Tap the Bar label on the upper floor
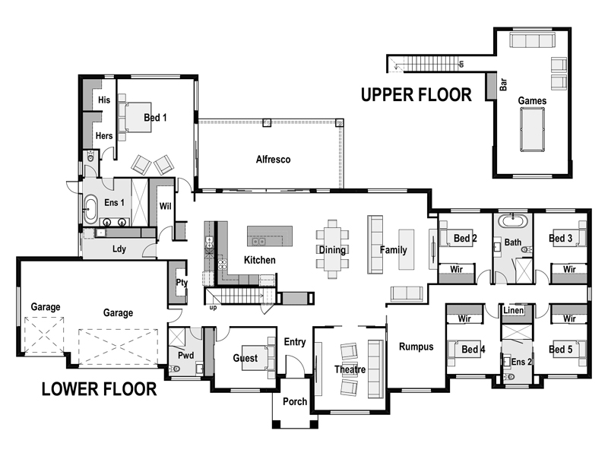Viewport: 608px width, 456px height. coord(503,83)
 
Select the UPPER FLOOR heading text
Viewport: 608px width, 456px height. coord(416,94)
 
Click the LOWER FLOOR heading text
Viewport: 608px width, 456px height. coord(99,389)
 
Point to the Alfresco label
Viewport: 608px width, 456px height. coord(273,160)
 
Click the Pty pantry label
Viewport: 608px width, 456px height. coord(182,282)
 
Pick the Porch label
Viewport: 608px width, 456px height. coord(294,401)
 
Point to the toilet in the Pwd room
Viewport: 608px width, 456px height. coord(174,369)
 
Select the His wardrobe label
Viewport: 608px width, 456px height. coord(104,100)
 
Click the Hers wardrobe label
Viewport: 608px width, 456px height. coord(104,136)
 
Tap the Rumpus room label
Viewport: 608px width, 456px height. coord(416,347)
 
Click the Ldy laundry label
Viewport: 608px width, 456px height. coord(119,249)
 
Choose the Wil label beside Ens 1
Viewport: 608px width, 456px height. coord(165,206)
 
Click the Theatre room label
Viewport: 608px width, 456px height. coord(350,370)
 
